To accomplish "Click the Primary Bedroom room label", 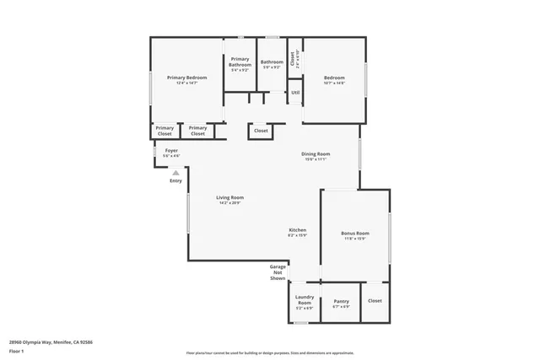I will (186, 78).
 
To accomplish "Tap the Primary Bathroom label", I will (240, 62).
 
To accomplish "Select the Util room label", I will (295, 93).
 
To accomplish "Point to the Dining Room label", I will (316, 153).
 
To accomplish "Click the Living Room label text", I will (229, 197).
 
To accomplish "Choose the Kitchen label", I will (298, 230).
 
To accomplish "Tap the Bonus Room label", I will (355, 233).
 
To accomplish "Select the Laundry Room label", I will (305, 299).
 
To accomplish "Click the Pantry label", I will (341, 301).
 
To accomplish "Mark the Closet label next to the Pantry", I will (375, 301).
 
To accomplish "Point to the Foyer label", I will (171, 150).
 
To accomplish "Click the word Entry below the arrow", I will (175, 180).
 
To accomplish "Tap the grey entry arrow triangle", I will (175, 172).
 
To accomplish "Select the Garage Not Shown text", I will (278, 271).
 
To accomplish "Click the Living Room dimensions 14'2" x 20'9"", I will (229, 203).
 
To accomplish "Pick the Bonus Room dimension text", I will (355, 239).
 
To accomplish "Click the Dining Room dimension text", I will (316, 159).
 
